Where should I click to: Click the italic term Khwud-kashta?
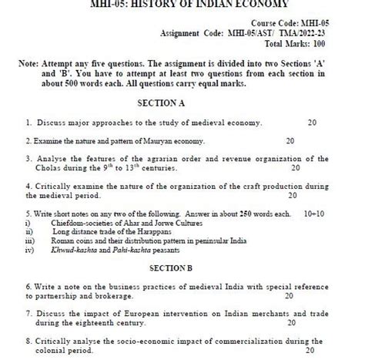(78, 249)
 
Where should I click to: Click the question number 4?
(28, 186)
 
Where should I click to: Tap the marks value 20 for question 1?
(310, 122)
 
